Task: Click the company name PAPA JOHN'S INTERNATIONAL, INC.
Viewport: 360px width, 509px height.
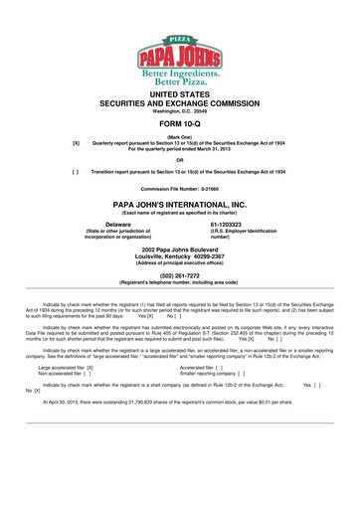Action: click(x=180, y=204)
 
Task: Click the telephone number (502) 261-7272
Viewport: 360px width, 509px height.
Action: click(x=180, y=275)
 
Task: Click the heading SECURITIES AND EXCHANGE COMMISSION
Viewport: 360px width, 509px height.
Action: click(x=180, y=101)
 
